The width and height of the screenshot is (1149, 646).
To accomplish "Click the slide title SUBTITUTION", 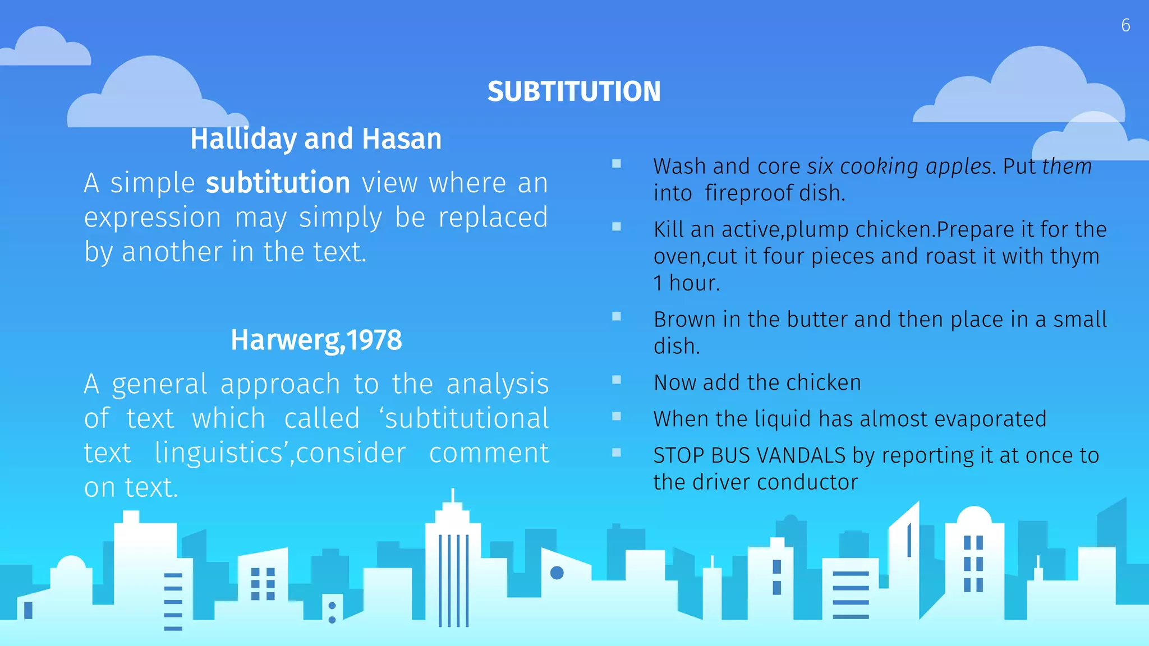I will pos(574,91).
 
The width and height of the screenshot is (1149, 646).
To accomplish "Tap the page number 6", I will pos(1125,25).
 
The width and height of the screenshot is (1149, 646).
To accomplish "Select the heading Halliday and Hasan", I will pos(316,139).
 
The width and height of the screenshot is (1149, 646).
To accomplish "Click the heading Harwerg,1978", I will pos(316,340).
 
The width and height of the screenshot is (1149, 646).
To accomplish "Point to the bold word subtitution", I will pos(278,183).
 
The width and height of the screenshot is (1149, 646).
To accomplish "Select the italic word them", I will pos(1067,167).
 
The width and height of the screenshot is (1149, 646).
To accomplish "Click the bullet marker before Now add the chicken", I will pos(617,380).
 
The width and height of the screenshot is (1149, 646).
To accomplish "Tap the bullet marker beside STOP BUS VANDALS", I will pos(617,453).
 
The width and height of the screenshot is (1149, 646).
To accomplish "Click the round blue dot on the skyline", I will pos(557,573).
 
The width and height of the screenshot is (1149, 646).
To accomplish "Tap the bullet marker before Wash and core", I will pos(617,164).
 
